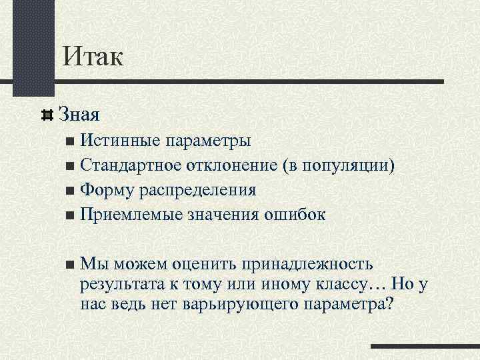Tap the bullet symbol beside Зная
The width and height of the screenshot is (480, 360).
coord(47,115)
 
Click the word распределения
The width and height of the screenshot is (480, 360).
coord(198,190)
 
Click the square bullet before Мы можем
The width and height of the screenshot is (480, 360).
coord(71,265)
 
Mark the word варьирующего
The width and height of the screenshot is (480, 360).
coord(239,305)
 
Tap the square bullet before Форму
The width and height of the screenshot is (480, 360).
coord(71,191)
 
